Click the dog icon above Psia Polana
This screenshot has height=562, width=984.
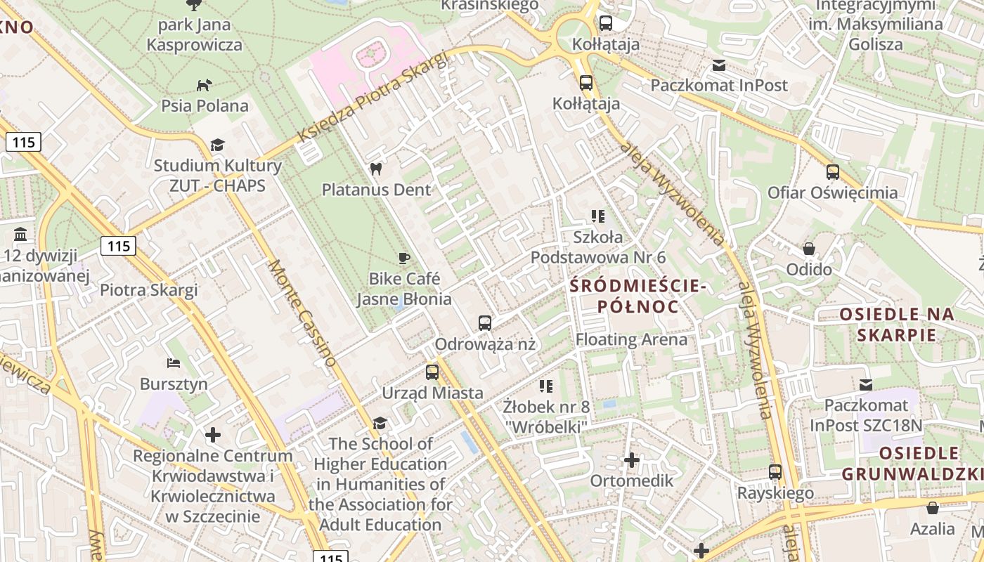(204, 85)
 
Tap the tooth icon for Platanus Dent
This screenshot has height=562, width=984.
(375, 169)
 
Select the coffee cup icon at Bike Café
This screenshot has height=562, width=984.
(403, 258)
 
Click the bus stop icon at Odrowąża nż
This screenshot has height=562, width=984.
(485, 323)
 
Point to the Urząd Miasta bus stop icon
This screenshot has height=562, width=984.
(432, 372)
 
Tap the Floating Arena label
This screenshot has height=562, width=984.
(631, 339)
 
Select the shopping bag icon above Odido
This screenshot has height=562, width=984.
(809, 249)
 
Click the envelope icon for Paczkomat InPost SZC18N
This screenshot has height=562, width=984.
(866, 384)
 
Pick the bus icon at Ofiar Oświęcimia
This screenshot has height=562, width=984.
(833, 171)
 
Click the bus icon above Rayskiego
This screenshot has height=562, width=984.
(775, 472)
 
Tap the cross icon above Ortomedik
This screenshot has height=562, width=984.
(632, 460)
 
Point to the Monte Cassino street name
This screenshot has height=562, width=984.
(302, 313)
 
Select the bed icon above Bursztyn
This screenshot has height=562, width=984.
(174, 363)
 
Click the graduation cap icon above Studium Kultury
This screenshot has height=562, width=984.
(217, 145)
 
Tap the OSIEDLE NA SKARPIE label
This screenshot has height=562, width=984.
(897, 324)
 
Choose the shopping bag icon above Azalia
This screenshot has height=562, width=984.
(933, 508)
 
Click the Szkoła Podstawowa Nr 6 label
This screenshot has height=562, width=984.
(597, 247)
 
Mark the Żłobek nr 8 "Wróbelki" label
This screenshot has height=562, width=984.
(546, 416)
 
